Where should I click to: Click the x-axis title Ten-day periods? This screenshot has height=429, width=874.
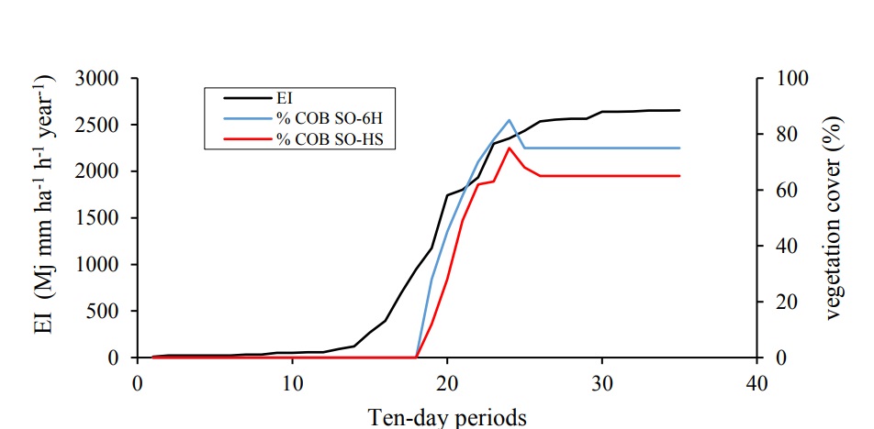coord(447,416)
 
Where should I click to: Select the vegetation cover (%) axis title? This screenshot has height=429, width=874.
coord(835,218)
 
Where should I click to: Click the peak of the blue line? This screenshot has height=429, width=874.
coord(510,120)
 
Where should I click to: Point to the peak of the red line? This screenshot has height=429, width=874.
coord(510,148)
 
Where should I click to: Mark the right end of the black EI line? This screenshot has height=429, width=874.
coord(680,110)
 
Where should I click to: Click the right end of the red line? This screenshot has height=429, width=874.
coord(680,175)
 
